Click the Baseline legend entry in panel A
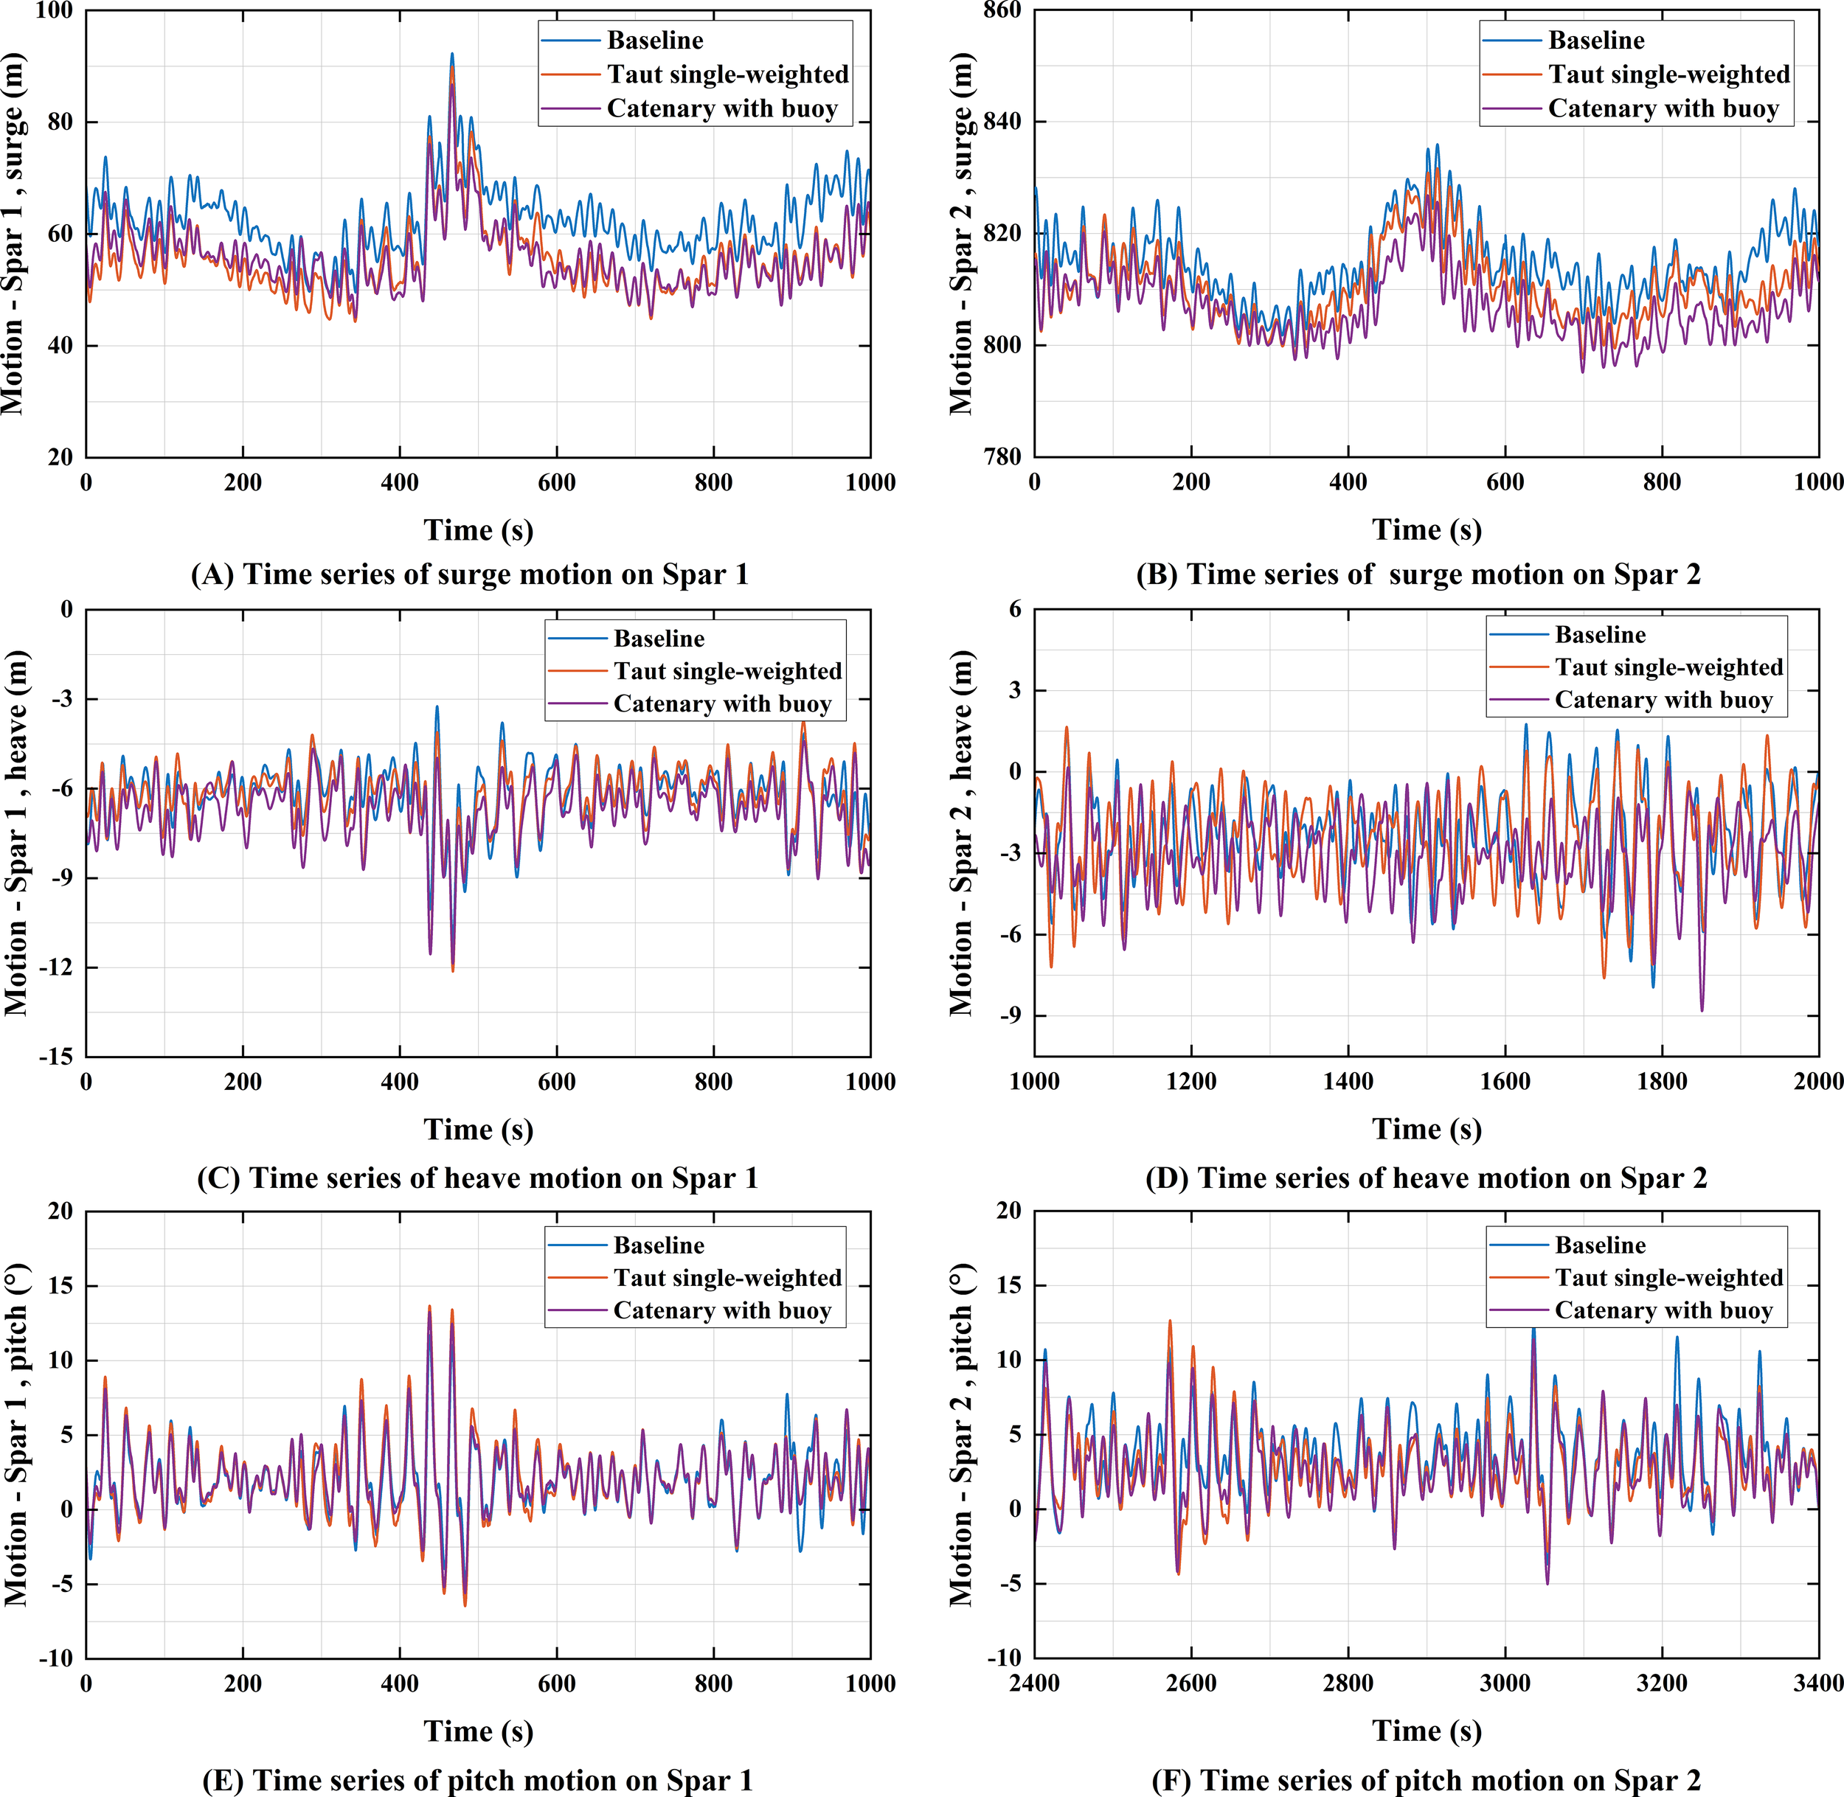[654, 41]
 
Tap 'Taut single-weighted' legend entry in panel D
[1668, 667]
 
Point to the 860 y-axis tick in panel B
[1002, 10]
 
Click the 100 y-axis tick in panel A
[54, 10]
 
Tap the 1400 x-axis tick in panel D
[1348, 1082]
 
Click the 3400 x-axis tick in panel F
[1817, 1683]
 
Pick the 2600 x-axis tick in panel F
[1190, 1683]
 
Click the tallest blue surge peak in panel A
[451, 54]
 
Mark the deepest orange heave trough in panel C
[452, 970]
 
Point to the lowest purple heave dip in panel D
[1702, 1011]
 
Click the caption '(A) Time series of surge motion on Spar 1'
[470, 574]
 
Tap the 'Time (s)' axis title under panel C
[478, 1130]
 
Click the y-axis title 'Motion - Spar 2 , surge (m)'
[961, 234]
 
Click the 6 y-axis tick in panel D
[1014, 610]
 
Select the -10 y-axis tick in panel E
[56, 1658]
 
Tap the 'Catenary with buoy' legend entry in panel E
[721, 1311]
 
